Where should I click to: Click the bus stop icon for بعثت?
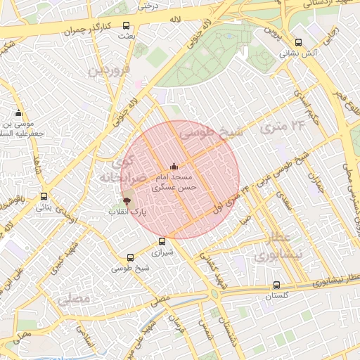[126, 25]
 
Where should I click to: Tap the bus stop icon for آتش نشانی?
[299, 42]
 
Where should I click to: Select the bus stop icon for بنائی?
[44, 196]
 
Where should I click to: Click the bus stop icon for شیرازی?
[162, 241]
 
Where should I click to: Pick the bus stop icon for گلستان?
[276, 285]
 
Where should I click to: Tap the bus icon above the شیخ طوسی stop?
[130, 258]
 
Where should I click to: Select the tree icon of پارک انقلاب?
[127, 200]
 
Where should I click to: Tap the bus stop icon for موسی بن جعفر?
[18, 113]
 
